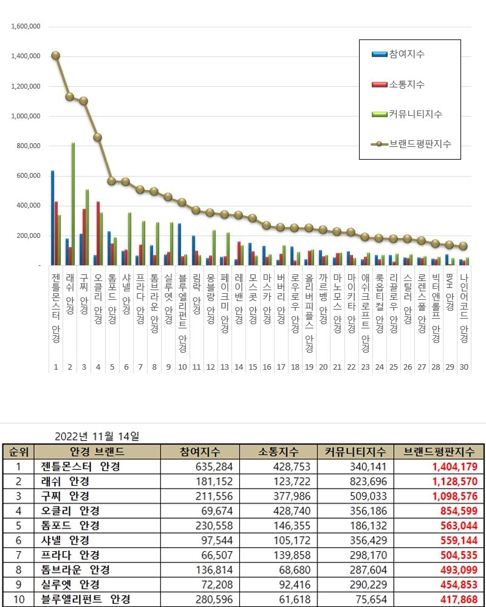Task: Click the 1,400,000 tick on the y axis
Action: (26, 56)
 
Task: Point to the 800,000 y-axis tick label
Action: (28, 146)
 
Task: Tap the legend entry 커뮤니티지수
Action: (416, 114)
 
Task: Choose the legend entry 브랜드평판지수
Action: (420, 144)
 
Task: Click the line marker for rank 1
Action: (55, 55)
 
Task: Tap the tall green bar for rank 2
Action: (73, 204)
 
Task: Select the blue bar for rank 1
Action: (52, 218)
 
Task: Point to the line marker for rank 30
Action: (464, 246)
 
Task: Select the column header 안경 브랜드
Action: (98, 452)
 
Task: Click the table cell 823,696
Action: (365, 481)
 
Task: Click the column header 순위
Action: (18, 452)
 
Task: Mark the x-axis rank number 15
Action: (252, 367)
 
